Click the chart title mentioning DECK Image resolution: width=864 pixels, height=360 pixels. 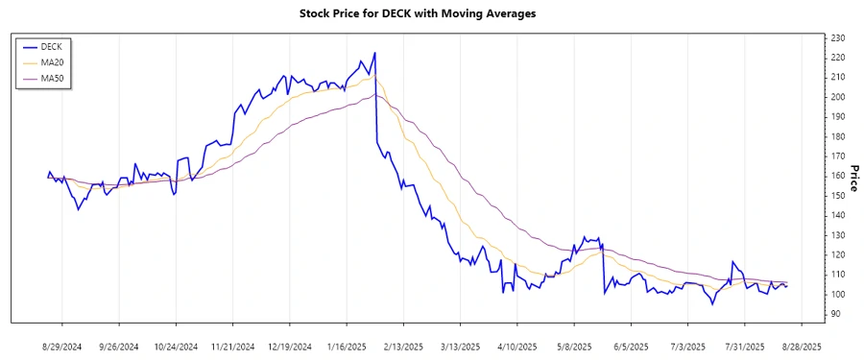click(x=431, y=14)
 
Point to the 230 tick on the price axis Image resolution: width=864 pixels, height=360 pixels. click(x=838, y=38)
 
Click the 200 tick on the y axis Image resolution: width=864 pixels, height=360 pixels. click(x=838, y=97)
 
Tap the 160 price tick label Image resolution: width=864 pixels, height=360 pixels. click(x=838, y=176)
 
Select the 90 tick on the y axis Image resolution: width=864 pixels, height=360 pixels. click(x=835, y=313)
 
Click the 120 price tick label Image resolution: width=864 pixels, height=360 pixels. click(x=838, y=254)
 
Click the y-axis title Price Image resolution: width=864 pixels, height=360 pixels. click(x=853, y=176)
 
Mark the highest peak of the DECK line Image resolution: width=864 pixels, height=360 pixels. click(x=374, y=53)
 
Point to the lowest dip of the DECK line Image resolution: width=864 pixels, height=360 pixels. click(x=712, y=304)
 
